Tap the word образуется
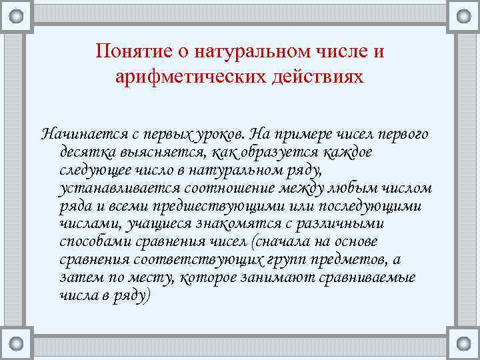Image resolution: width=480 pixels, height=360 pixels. tap(267, 152)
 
